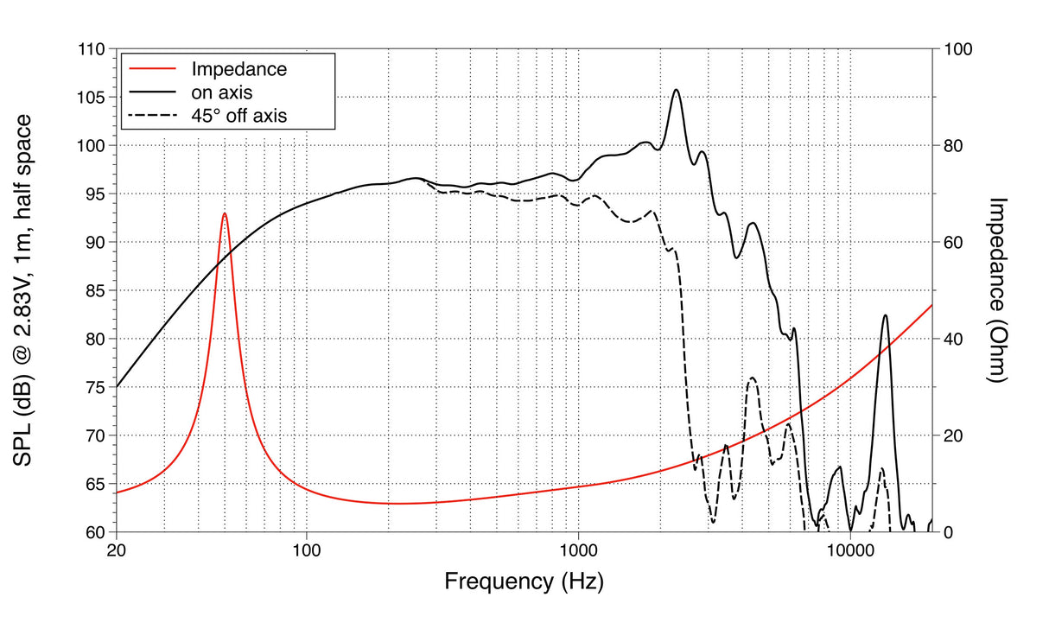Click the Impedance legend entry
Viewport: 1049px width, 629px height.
click(x=238, y=68)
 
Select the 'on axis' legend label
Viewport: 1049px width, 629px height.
click(x=221, y=91)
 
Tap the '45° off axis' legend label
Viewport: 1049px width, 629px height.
click(x=238, y=114)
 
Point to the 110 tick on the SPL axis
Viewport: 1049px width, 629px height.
click(x=91, y=49)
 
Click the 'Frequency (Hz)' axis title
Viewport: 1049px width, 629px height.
click(x=524, y=581)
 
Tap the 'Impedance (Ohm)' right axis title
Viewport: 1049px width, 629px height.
click(x=1000, y=290)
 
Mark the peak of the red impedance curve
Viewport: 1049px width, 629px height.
click(x=225, y=213)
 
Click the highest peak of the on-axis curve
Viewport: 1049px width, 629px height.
click(x=676, y=90)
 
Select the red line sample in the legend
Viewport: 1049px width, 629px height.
click(x=152, y=68)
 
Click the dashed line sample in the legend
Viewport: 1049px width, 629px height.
click(x=152, y=114)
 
